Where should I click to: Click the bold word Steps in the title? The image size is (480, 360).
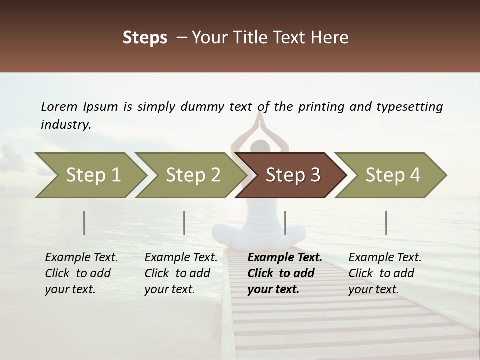145,38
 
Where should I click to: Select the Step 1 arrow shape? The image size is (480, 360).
90,175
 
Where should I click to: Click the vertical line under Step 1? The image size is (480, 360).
84,223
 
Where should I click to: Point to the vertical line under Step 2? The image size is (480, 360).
184,223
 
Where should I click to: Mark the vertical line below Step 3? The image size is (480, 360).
285,223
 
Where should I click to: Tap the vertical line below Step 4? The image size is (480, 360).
386,223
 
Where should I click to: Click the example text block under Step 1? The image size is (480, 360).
81,273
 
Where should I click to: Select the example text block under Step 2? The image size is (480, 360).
181,273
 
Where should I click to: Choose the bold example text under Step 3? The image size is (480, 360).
285,273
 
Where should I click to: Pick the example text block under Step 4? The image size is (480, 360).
385,273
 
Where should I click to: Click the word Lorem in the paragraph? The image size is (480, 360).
59,107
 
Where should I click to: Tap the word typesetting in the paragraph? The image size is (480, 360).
410,107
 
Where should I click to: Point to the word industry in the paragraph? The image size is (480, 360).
66,125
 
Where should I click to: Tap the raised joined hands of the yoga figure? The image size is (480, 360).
260,120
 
